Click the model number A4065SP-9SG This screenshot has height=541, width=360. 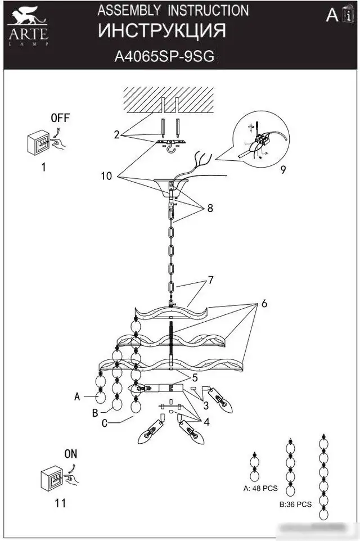click(x=164, y=56)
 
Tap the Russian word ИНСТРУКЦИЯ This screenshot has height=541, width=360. click(x=162, y=31)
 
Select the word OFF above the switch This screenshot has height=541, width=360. click(x=60, y=118)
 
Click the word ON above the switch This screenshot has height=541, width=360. click(x=71, y=454)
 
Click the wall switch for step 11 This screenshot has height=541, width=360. click(x=52, y=478)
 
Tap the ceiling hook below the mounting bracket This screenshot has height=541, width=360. click(x=170, y=148)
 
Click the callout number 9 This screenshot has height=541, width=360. click(x=283, y=169)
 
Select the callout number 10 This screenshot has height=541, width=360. click(x=106, y=176)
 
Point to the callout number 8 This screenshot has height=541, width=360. click(x=210, y=208)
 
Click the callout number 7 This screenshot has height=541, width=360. click(x=210, y=280)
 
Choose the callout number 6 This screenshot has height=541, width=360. click(x=264, y=304)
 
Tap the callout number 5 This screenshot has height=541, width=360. click(x=195, y=378)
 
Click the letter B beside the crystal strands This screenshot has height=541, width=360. click(x=95, y=413)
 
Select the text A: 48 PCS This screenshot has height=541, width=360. click(x=260, y=488)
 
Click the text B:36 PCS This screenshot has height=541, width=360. click(x=295, y=504)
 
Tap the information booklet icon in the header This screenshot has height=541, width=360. click(x=348, y=14)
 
